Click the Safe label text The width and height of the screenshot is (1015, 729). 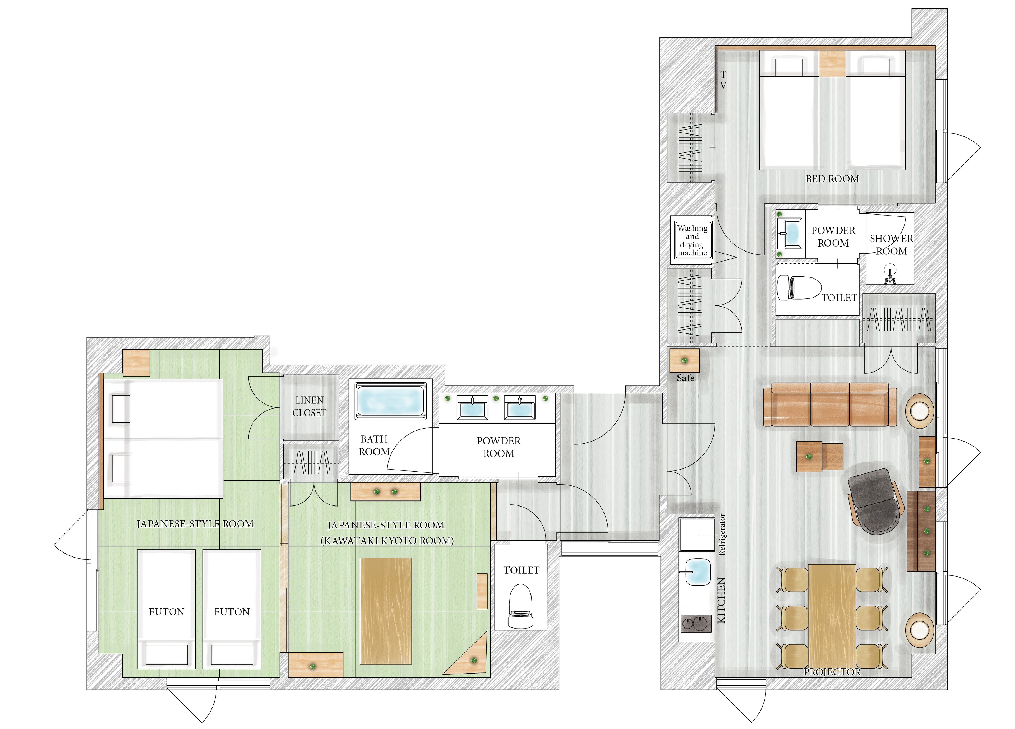click(685, 378)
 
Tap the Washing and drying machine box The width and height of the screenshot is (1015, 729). click(692, 240)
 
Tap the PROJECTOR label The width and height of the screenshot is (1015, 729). click(832, 672)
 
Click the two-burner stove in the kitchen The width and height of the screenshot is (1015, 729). click(696, 624)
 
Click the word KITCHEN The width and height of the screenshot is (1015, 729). click(721, 600)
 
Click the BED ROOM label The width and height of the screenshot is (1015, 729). click(832, 179)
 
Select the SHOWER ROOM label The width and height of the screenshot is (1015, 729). click(892, 245)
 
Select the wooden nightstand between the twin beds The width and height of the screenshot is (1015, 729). click(832, 63)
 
